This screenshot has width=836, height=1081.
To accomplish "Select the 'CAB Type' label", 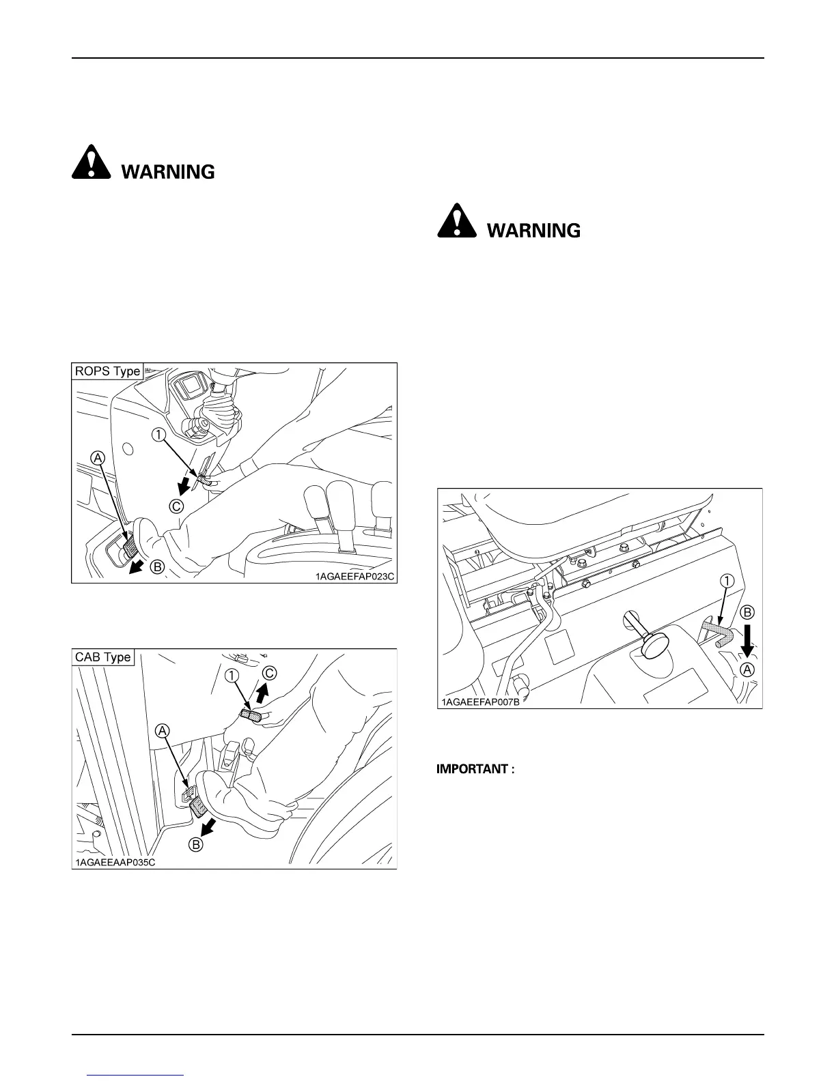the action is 103,657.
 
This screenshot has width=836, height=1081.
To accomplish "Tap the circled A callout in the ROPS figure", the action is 98,458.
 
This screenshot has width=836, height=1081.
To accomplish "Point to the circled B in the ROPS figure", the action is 156,566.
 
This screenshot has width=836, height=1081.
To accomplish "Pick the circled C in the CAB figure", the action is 270,673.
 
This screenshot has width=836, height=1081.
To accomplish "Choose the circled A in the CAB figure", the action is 163,731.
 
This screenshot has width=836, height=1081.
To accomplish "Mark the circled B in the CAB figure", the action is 195,844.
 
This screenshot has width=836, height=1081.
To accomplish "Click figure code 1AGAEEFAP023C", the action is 354,576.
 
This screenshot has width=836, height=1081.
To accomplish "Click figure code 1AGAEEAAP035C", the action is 115,862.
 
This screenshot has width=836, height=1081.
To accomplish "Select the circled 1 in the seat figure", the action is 727,581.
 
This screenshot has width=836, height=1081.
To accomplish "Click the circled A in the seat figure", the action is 748,669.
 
